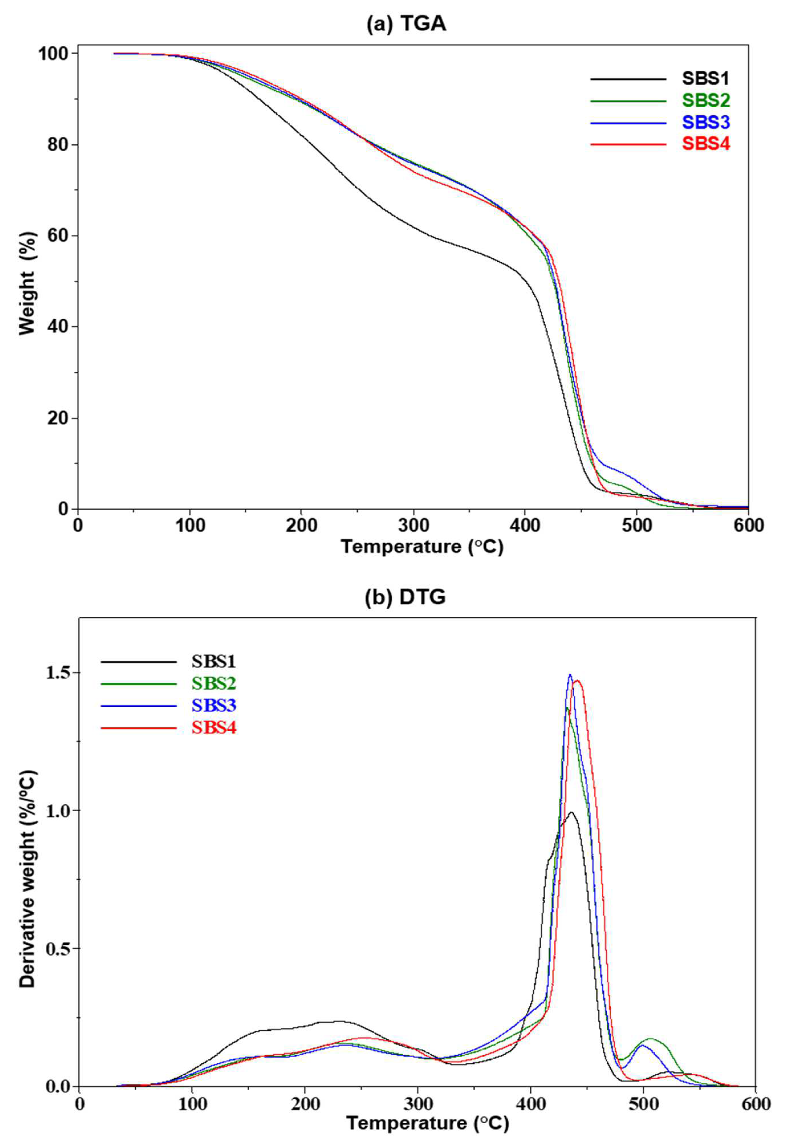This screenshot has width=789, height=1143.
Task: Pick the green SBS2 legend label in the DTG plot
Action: [214, 683]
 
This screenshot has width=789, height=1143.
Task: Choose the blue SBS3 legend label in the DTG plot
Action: [214, 705]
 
